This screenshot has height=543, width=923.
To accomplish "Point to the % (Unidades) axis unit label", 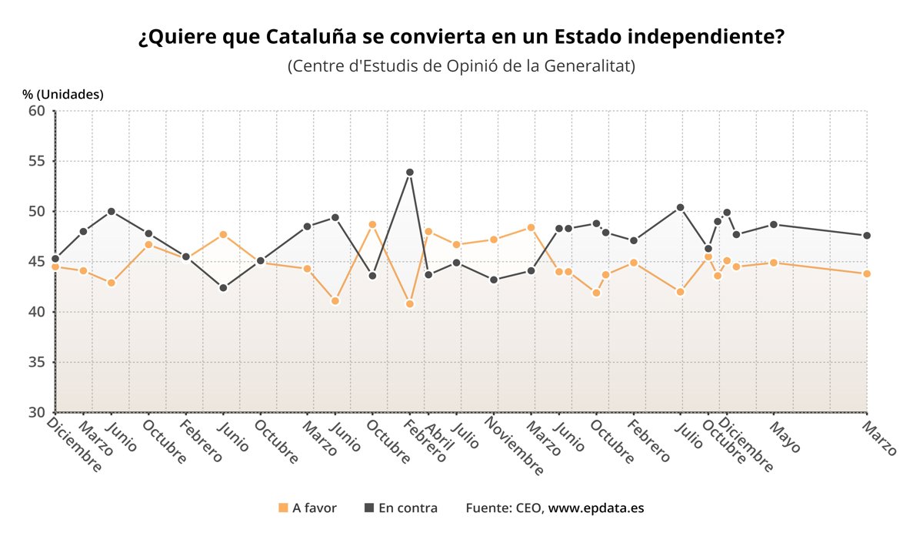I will click(x=63, y=95).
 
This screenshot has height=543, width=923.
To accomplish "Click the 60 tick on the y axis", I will click(x=38, y=111).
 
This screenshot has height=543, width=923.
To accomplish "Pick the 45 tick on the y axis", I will click(x=38, y=262).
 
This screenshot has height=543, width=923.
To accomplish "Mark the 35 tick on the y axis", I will click(x=38, y=362).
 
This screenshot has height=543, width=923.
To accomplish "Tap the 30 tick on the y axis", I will click(x=38, y=412).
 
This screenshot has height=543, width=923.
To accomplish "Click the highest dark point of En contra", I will click(x=410, y=173).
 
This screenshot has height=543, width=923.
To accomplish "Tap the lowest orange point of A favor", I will click(x=410, y=304).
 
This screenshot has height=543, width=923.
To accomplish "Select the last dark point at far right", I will click(x=867, y=236).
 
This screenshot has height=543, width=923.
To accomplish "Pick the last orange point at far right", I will click(x=867, y=274).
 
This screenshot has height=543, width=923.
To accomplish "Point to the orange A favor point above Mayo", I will click(x=773, y=263).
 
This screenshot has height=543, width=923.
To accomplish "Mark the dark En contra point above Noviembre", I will click(x=494, y=280).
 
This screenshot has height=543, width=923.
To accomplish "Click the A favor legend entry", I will click(x=308, y=508).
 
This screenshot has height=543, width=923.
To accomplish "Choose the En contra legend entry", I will click(x=401, y=508).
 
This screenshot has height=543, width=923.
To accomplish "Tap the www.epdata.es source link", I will click(x=596, y=508).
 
